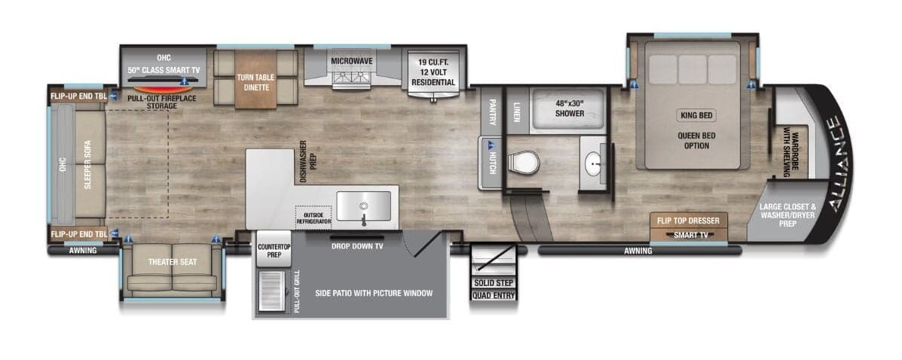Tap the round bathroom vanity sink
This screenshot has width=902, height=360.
coord(595,160)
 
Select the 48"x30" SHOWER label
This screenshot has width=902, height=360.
coord(569,108)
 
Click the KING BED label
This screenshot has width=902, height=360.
coord(696,116)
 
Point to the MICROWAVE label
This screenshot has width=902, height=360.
coord(351,60)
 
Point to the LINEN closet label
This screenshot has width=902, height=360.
coord(517,111)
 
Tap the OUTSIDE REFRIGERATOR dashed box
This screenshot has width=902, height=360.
coord(314,217)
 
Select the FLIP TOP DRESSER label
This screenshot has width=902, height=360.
coord(688,221)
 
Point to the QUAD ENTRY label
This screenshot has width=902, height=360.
coord(494,295)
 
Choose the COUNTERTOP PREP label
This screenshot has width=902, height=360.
coord(269,251)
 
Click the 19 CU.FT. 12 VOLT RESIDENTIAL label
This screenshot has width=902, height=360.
coord(434,72)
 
